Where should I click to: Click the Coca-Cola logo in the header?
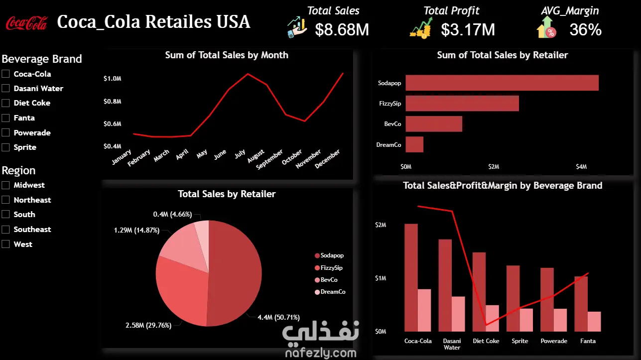[x=26, y=23]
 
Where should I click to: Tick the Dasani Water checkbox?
[x=5, y=88]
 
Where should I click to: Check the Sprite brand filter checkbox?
[x=5, y=147]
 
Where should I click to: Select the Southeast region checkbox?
[x=5, y=229]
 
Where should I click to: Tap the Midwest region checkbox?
[x=5, y=185]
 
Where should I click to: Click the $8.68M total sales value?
[x=342, y=29]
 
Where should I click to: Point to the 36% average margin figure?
[x=586, y=29]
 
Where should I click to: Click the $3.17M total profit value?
[x=468, y=29]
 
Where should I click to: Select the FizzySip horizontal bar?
[x=462, y=103]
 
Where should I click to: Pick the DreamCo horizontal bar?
[x=414, y=144]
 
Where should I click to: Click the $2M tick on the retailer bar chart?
[x=494, y=166]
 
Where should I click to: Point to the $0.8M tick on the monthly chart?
[x=113, y=101]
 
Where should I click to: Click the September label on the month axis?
[x=269, y=159]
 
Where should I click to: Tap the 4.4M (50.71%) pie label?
[x=279, y=317]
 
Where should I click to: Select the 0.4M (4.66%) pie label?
[x=172, y=214]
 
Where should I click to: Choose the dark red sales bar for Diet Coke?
[x=479, y=292]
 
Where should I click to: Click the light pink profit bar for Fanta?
[x=594, y=321]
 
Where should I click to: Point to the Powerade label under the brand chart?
[x=554, y=341]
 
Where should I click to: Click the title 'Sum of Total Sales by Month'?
[x=227, y=55]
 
